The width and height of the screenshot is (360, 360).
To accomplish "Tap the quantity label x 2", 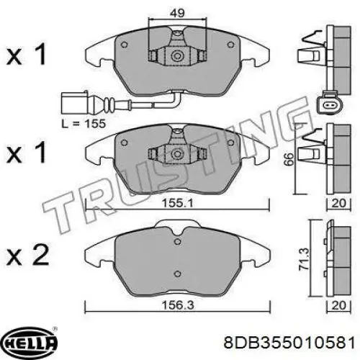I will pos(28,255).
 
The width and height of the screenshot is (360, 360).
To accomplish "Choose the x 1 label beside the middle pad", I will pos(28,152).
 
